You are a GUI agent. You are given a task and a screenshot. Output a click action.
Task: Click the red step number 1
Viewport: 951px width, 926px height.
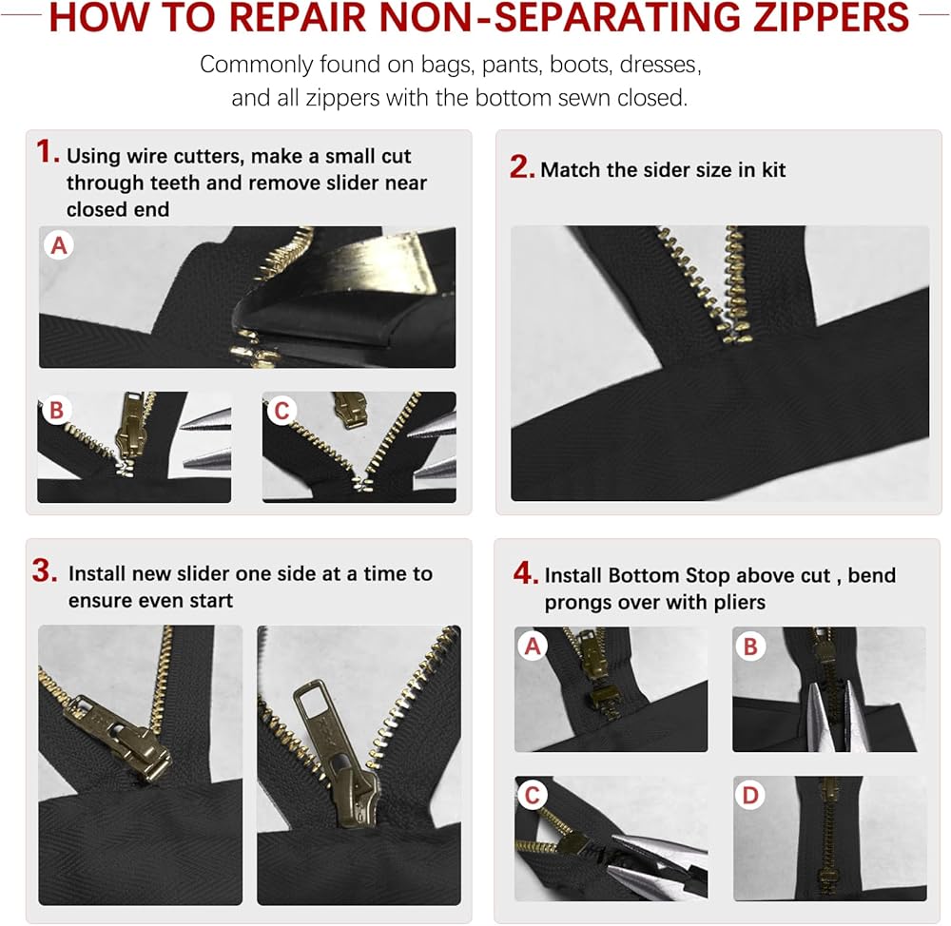click(48, 151)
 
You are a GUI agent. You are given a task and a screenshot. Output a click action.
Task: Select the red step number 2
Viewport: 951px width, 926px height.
click(521, 166)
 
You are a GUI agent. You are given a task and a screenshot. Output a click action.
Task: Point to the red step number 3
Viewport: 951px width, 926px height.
click(45, 570)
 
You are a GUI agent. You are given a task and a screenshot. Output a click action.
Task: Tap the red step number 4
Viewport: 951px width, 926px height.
click(525, 572)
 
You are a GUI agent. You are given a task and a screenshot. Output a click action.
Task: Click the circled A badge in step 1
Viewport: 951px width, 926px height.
click(59, 245)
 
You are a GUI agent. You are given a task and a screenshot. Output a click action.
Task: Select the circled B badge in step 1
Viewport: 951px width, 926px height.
click(56, 410)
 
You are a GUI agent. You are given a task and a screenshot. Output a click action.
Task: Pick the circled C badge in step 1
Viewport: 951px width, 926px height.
click(281, 411)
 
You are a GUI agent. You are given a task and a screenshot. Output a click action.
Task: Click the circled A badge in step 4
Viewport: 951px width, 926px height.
click(532, 646)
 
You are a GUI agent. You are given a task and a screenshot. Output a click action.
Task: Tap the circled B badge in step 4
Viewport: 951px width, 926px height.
click(750, 646)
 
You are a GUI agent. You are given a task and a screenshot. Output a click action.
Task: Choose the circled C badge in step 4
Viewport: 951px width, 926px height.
click(532, 795)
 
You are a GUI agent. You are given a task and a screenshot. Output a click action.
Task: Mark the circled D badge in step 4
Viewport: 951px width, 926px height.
click(750, 795)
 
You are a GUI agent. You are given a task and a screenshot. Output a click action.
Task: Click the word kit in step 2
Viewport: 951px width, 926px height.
click(773, 170)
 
